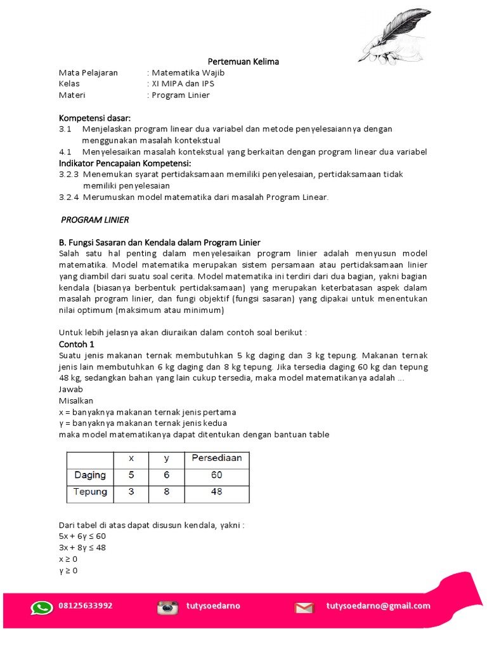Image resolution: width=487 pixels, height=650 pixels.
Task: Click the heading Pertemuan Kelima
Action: point(243,62)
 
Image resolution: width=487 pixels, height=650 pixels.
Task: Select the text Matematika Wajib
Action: point(188,73)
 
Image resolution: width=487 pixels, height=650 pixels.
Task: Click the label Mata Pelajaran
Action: point(88,73)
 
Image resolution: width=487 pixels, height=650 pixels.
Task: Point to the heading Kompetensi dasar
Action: point(94,118)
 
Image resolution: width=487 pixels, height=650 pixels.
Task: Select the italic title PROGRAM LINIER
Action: point(94,220)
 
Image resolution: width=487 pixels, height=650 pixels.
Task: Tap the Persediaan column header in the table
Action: point(216,458)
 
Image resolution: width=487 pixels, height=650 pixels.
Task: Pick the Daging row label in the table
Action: point(90,475)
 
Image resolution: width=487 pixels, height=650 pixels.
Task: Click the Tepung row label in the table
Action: point(90,492)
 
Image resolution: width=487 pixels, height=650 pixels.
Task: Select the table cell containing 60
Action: point(216,475)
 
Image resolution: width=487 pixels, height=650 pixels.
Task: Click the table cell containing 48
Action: point(216,492)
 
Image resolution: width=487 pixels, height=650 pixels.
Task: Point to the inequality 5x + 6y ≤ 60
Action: point(82,536)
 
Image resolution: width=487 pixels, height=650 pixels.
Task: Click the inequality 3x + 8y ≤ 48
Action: point(82,548)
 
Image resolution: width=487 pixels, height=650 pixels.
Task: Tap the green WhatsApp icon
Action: point(41,607)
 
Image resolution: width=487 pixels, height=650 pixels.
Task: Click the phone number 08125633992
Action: point(86,606)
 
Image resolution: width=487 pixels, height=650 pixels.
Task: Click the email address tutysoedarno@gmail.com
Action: point(378,606)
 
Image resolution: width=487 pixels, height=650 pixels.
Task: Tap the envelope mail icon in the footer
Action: point(304,607)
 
